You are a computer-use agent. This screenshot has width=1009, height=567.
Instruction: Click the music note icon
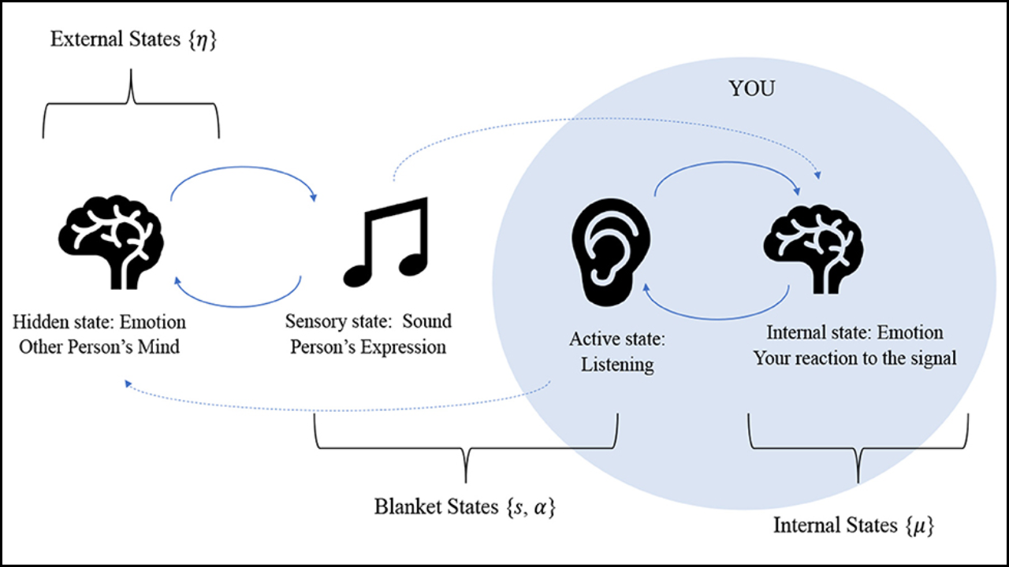pyautogui.click(x=385, y=240)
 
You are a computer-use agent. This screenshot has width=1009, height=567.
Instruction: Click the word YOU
pyautogui.click(x=751, y=89)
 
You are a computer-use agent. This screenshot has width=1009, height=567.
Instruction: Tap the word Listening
pyautogui.click(x=617, y=365)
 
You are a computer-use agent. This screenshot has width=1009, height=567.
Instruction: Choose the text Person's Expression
pyautogui.click(x=368, y=346)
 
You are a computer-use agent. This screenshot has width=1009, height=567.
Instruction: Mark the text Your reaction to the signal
pyautogui.click(x=854, y=358)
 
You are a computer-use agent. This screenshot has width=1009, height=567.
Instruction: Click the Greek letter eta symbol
pyautogui.click(x=203, y=40)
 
